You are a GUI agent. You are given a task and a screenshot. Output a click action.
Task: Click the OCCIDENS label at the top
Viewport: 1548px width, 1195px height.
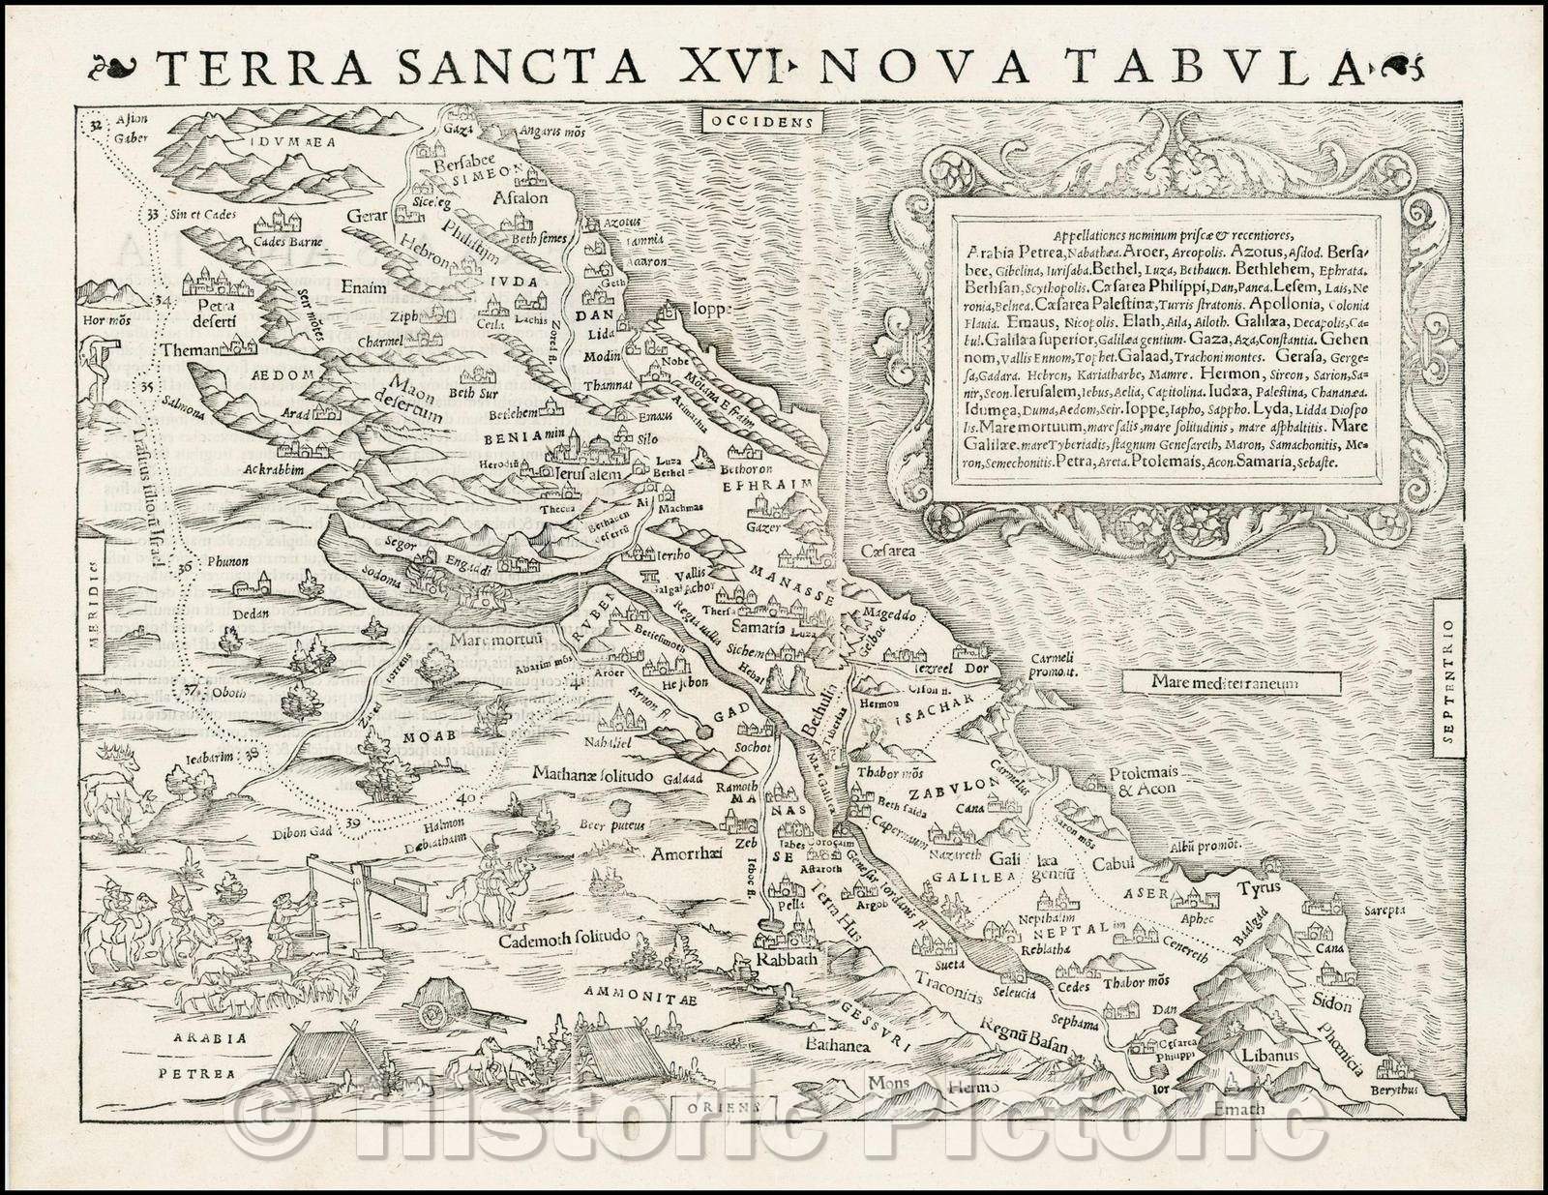coord(760,122)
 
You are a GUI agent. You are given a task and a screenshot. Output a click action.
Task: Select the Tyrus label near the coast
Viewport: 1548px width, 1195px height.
coord(1260,888)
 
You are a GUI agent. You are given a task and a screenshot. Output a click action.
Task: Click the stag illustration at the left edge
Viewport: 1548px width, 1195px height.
coord(116,798)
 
